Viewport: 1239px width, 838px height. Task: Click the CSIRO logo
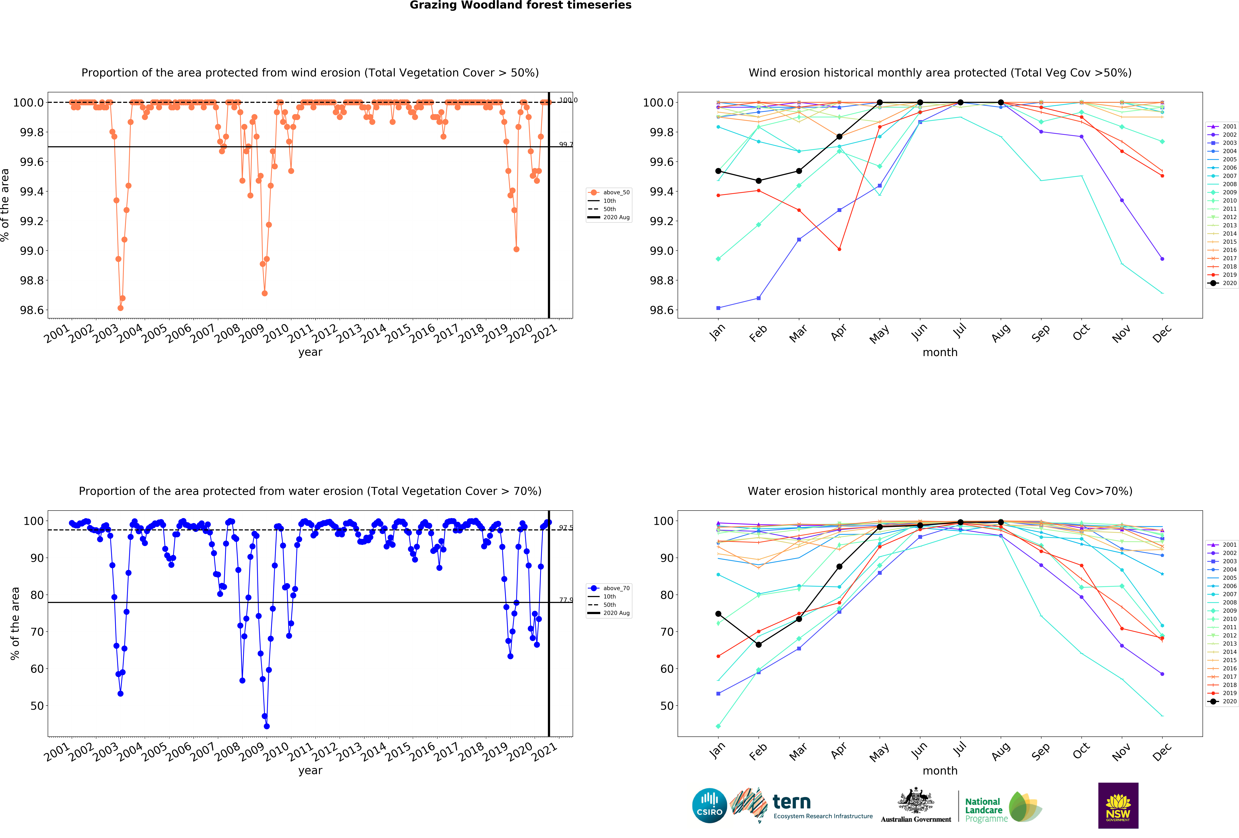(709, 805)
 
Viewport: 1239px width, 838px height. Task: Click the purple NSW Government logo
(1118, 805)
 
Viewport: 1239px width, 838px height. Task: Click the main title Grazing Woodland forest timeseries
(520, 5)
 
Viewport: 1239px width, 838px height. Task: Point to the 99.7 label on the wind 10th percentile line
(566, 145)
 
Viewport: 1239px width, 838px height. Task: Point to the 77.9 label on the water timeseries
(566, 600)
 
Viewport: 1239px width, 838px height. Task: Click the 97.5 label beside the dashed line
(566, 528)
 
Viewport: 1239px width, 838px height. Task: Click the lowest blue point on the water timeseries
(267, 726)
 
